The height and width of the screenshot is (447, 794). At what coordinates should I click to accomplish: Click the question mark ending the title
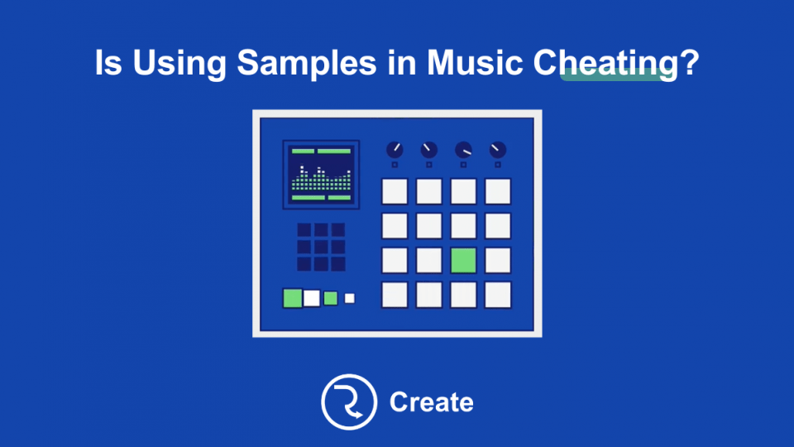pos(688,63)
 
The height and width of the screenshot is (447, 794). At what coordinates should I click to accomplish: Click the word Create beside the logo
pos(431,402)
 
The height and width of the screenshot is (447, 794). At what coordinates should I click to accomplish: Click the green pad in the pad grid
pos(463,260)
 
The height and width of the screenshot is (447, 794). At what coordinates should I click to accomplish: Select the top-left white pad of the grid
pos(395,191)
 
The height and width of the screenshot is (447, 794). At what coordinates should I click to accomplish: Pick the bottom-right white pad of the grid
pos(498,295)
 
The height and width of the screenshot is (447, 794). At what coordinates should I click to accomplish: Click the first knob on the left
pos(395,151)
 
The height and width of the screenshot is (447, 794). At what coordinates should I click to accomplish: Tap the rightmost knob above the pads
pos(498,151)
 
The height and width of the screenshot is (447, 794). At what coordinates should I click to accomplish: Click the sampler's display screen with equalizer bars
pos(321,175)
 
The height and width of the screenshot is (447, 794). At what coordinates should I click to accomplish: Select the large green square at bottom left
pos(293,298)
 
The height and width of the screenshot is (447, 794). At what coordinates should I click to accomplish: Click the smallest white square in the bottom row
pos(350,298)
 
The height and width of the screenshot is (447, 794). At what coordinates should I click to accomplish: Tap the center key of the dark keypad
pos(320,247)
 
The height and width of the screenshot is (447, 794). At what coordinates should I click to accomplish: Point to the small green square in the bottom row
pos(331,298)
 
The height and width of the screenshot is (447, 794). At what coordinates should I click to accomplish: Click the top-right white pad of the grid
pos(498,191)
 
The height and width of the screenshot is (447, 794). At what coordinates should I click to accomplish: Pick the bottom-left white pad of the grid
pos(395,295)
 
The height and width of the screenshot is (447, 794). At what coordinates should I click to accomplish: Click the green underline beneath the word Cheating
pos(618,76)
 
